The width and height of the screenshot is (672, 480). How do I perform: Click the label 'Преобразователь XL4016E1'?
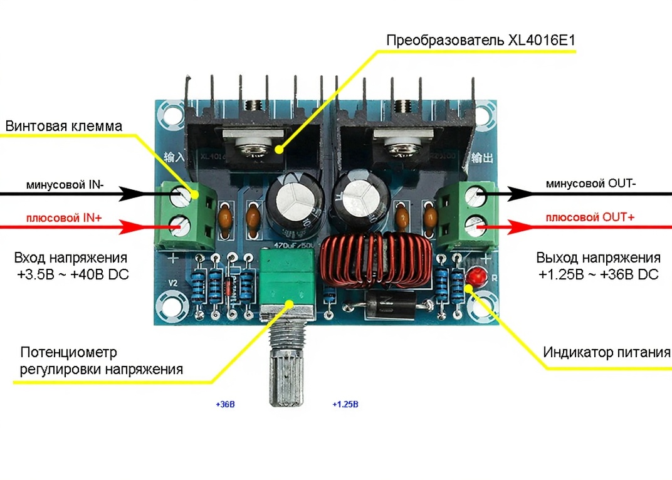pyautogui.click(x=481, y=41)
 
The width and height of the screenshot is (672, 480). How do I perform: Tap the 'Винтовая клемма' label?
pyautogui.click(x=64, y=125)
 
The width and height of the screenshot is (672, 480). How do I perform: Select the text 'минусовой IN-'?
pyautogui.click(x=65, y=185)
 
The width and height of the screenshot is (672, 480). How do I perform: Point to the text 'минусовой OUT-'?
pyautogui.click(x=591, y=184)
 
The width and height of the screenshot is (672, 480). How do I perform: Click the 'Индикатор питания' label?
pyautogui.click(x=606, y=352)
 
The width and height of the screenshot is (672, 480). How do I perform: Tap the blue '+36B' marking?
pyautogui.click(x=224, y=404)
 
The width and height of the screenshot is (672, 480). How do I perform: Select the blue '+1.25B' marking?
pyautogui.click(x=345, y=404)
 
